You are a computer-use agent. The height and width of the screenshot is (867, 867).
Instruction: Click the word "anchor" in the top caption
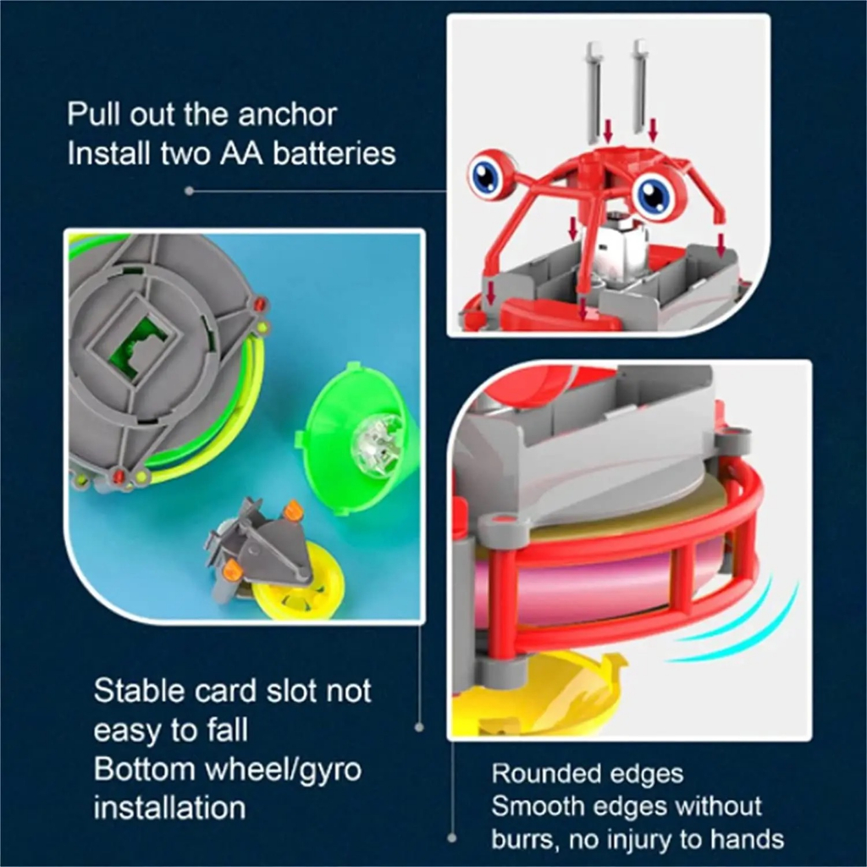click(287, 115)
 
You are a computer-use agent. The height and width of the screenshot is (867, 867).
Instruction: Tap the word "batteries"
click(334, 153)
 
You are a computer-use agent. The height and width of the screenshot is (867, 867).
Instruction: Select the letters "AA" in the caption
click(241, 153)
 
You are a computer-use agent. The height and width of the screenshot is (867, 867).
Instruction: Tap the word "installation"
click(169, 808)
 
